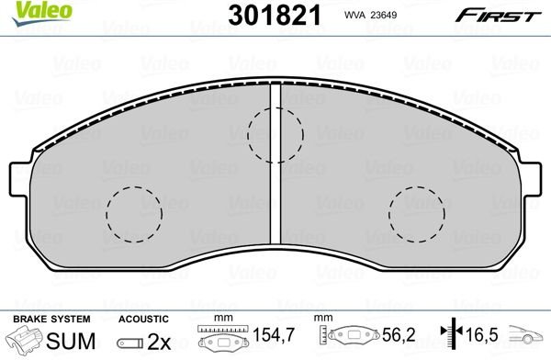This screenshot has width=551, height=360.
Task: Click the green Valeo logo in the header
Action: point(42,13)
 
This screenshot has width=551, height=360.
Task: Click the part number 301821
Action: point(275,16)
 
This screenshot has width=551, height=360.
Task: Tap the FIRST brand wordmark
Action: point(498,16)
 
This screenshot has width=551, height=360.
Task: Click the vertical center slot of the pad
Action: point(275,163)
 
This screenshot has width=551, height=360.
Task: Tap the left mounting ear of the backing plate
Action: point(20,178)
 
